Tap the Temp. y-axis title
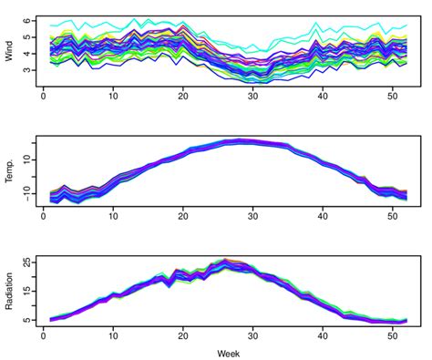tap(10, 170)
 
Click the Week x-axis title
tap(229, 351)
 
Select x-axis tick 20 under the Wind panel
tap(183, 95)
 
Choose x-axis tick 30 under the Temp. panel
tap(253, 216)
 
